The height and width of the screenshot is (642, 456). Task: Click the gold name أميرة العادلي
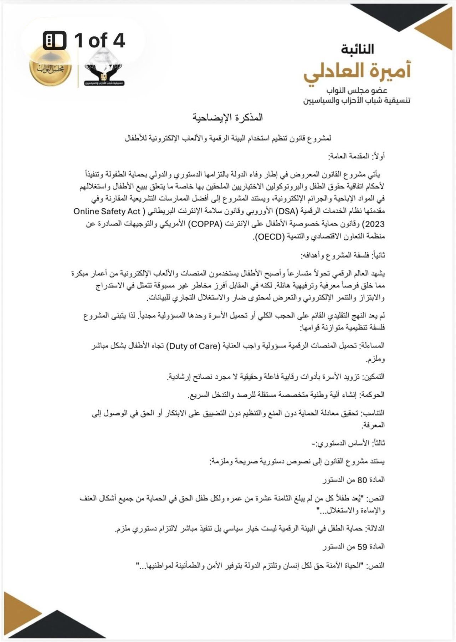pos(357,71)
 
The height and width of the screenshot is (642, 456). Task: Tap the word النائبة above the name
pos(357,49)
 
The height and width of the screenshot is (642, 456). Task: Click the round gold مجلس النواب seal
pos(50,68)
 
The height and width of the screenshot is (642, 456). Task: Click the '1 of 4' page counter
pos(84,40)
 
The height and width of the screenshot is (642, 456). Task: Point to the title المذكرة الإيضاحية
pos(228,117)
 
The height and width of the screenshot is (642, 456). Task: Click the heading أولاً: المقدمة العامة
pos(356,156)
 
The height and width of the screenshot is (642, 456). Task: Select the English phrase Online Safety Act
pos(107,212)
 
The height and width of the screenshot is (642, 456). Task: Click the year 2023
pos(373,224)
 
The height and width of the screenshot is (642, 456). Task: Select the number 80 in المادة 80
pos(362,480)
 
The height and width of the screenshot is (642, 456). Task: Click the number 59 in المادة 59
pos(362,546)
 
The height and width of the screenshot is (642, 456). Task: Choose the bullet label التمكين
pos(374,377)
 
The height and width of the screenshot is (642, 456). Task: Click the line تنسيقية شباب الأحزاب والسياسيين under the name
pos(357,101)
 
